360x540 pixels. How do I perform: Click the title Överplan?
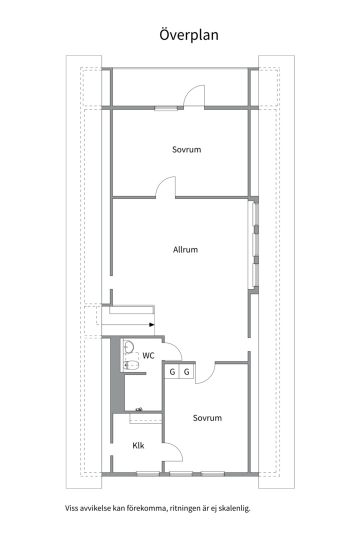pos(188,35)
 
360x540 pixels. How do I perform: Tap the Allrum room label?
pos(185,249)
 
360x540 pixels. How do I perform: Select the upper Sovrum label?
pos(186,149)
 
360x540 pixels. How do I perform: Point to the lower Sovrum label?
pos(207,418)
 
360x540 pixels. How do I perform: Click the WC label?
pos(148,356)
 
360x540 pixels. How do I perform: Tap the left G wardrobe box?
pos(172,371)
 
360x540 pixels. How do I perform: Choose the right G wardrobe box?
pos(186,371)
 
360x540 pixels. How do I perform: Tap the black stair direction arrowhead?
pos(151,325)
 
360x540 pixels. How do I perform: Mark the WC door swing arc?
pos(173,350)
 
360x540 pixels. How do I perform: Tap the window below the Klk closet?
pos(148,473)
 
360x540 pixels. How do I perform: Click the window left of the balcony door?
pos(166,107)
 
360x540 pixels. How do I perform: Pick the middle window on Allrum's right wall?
pos(255,244)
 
